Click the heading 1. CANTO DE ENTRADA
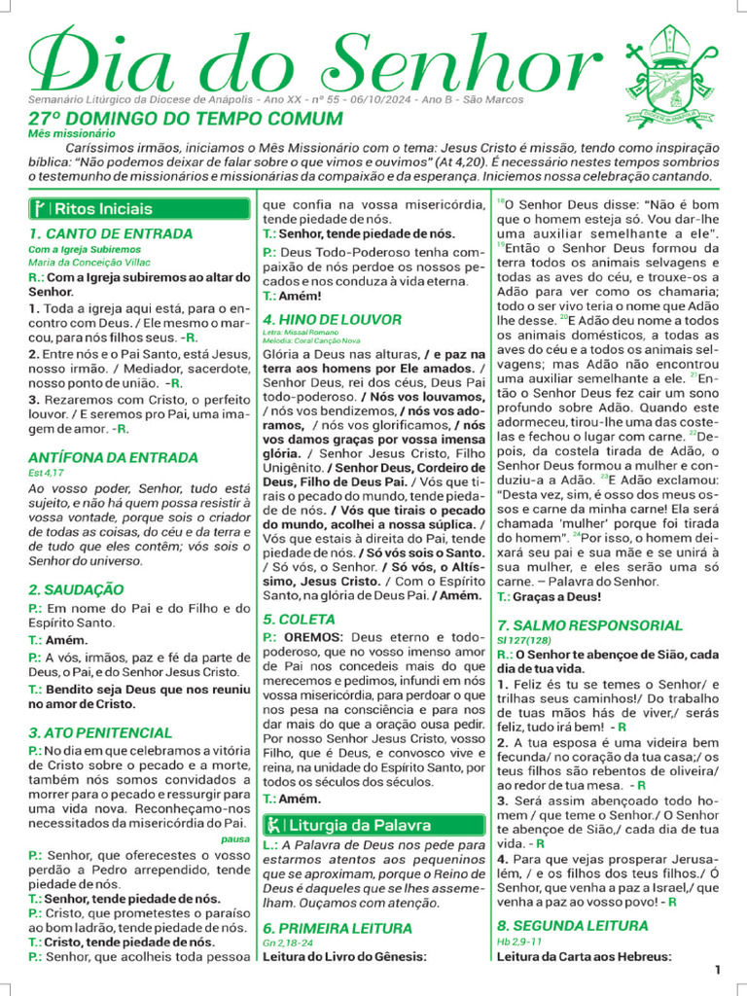[x=110, y=233]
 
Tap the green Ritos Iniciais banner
[x=138, y=208]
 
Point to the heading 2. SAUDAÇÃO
[x=76, y=589]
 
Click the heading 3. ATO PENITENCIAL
[x=100, y=732]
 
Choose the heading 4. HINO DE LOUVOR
[x=332, y=319]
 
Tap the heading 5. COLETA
[x=299, y=619]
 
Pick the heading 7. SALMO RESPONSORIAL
[x=589, y=625]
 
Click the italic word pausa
[x=234, y=837]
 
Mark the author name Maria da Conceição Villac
[x=88, y=262]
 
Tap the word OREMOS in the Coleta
[x=313, y=636]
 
